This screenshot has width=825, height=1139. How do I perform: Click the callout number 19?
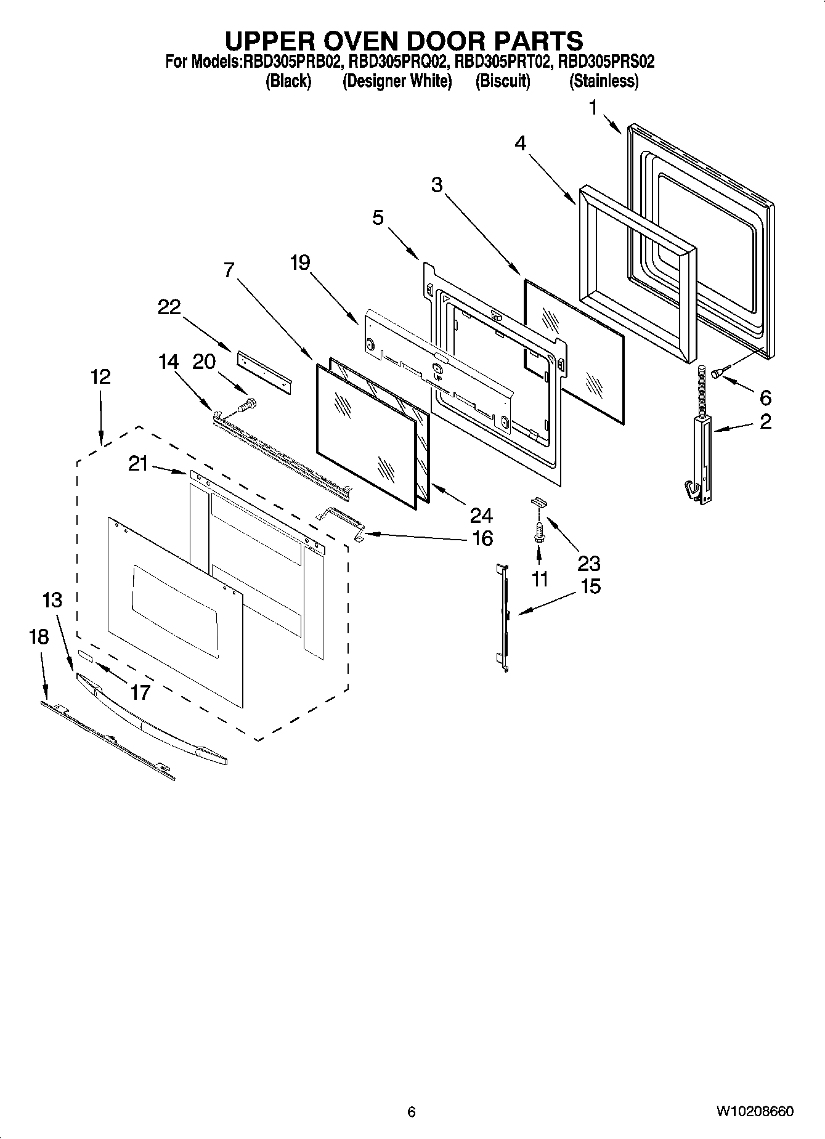click(300, 263)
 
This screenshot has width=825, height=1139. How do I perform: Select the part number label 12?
click(100, 376)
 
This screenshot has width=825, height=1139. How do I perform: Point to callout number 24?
click(481, 515)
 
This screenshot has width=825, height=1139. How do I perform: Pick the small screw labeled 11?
click(539, 532)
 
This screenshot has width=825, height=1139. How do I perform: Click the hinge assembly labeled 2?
click(701, 456)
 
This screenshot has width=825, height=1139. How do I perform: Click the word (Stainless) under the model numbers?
click(603, 81)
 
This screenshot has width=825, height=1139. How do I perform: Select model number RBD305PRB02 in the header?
click(292, 62)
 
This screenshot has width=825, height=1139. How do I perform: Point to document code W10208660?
click(754, 1111)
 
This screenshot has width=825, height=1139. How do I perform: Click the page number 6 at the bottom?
click(412, 1111)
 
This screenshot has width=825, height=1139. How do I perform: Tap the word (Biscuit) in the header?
click(502, 81)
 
